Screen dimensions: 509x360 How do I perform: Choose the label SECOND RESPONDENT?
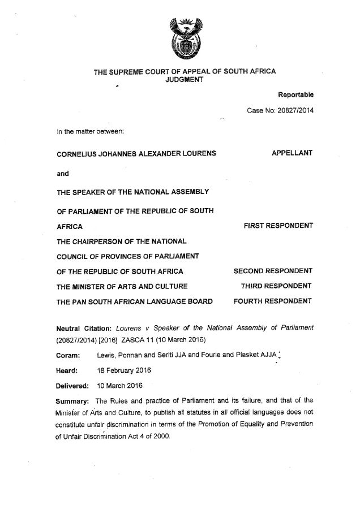(273, 271)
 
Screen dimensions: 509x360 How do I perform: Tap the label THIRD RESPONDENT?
(277, 286)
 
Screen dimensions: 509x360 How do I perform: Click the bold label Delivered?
(73, 386)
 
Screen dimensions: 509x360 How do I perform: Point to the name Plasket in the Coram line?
(249, 355)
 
